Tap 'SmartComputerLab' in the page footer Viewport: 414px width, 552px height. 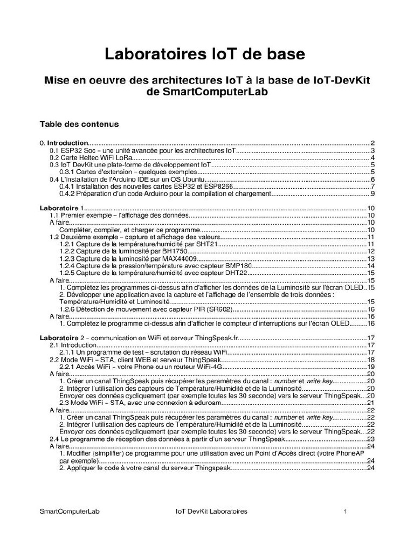click(x=70, y=511)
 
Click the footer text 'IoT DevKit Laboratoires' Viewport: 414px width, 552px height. click(x=211, y=511)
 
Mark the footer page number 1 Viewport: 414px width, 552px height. click(x=344, y=511)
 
